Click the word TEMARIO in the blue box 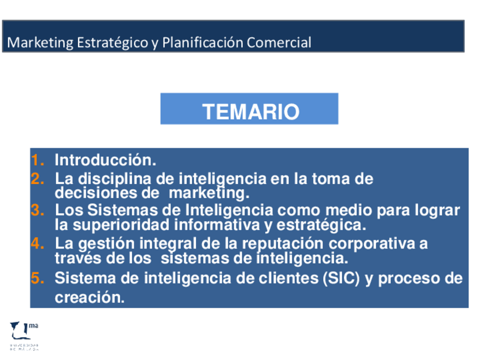pyautogui.click(x=251, y=112)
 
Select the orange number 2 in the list pyautogui.click(x=37, y=178)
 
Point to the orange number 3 pyautogui.click(x=37, y=211)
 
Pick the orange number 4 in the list pyautogui.click(x=37, y=243)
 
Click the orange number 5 pyautogui.click(x=37, y=278)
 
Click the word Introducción pyautogui.click(x=105, y=160)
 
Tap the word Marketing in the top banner pyautogui.click(x=40, y=42)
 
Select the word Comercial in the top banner pyautogui.click(x=279, y=42)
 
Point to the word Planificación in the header pyautogui.click(x=203, y=42)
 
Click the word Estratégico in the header pyautogui.click(x=113, y=42)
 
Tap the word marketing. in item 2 pyautogui.click(x=209, y=194)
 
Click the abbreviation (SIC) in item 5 pyautogui.click(x=341, y=278)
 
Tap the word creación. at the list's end pyautogui.click(x=89, y=297)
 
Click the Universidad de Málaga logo pyautogui.click(x=24, y=336)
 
